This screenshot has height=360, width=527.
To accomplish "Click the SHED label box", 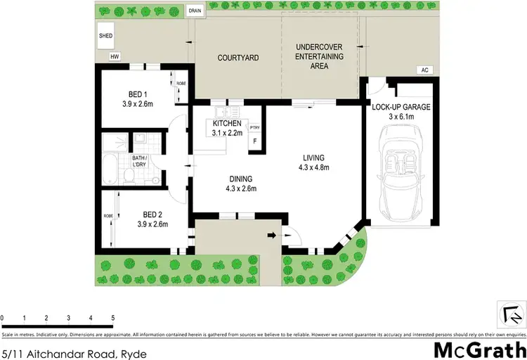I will point(106,35).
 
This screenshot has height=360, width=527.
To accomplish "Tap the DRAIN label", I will point(194,11).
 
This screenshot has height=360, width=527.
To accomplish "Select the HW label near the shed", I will point(113,58).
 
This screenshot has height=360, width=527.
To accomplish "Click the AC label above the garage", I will point(423,70).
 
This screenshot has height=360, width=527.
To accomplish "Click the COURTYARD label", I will point(235,58).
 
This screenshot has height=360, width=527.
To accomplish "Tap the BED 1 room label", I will point(138,94).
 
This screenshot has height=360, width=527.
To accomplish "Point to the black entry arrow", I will point(272,235).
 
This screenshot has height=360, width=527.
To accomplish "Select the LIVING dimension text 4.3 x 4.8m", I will point(314,167).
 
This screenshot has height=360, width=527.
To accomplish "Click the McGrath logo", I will point(480,349).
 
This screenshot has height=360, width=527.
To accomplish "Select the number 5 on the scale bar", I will point(112,318).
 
